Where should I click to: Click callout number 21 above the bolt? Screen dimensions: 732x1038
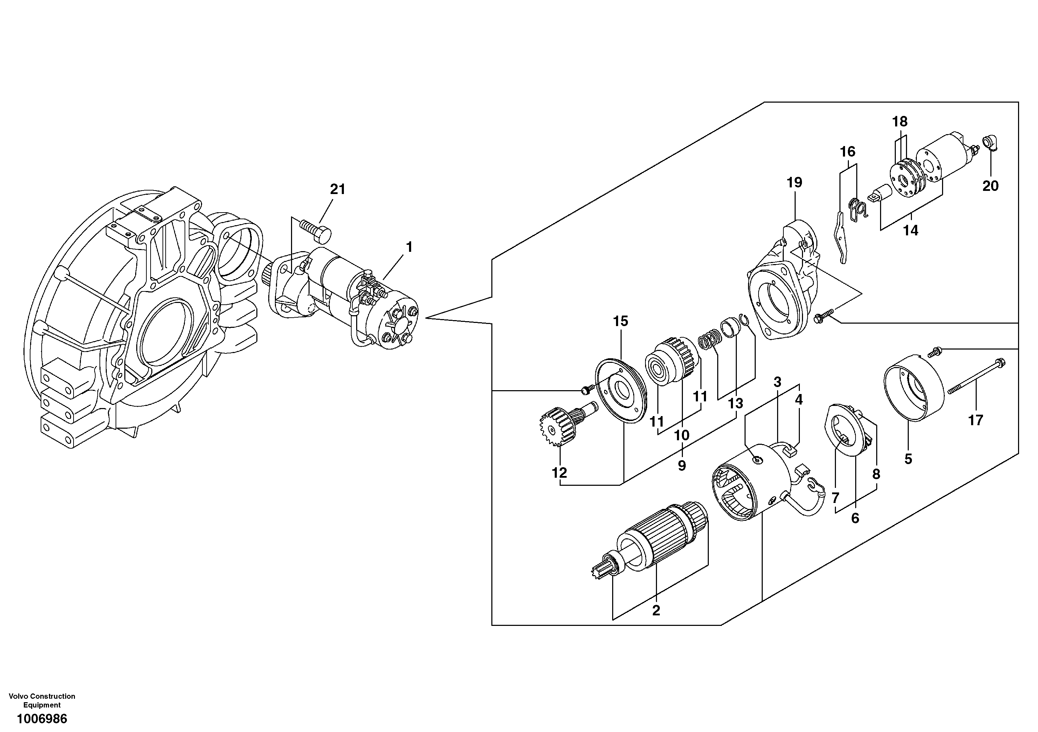337,189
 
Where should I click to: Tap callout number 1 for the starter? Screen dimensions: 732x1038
409,247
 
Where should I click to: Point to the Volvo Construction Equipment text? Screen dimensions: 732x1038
42,700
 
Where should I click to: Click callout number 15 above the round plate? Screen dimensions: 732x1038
620,322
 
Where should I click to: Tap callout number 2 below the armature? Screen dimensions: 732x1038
656,611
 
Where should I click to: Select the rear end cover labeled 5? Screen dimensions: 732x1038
913,389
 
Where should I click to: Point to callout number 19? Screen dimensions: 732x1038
794,183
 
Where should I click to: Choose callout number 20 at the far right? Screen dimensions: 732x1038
990,186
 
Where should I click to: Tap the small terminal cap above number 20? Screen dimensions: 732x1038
991,143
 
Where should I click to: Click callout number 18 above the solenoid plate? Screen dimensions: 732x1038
900,122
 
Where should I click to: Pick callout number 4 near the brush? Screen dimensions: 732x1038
799,400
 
